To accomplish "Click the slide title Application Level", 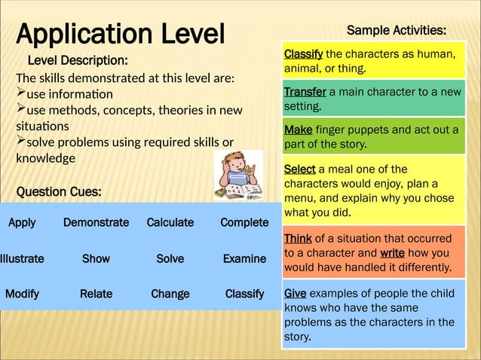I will tap(121, 34).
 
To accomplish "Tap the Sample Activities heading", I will tap(396, 30).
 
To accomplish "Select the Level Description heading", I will tap(78, 60).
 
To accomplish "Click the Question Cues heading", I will tap(59, 192).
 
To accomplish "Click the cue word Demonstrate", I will tap(96, 223).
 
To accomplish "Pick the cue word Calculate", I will tap(170, 223).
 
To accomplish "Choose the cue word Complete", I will tap(244, 223).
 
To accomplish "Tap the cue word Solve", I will tap(170, 258).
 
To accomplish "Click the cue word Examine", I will tap(244, 258).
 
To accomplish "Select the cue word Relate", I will tap(96, 294).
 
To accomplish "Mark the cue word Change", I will tap(170, 294).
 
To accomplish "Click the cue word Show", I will tap(96, 258).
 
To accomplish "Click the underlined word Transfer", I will tap(305, 92).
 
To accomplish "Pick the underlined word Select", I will tap(299, 169).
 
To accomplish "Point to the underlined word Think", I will tap(298, 239).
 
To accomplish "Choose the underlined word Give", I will tap(295, 294).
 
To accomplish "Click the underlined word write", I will tap(397, 253).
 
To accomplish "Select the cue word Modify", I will tap(22, 294).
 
